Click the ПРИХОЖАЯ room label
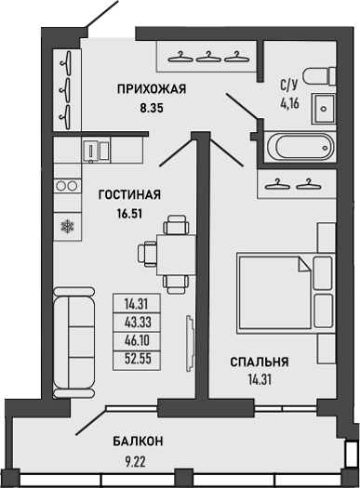(x=153, y=89)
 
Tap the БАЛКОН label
(x=140, y=440)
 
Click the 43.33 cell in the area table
(x=132, y=320)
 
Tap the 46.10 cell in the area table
(x=132, y=338)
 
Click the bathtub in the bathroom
(x=297, y=148)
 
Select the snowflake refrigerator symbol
(x=67, y=226)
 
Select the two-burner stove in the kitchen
(x=67, y=186)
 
